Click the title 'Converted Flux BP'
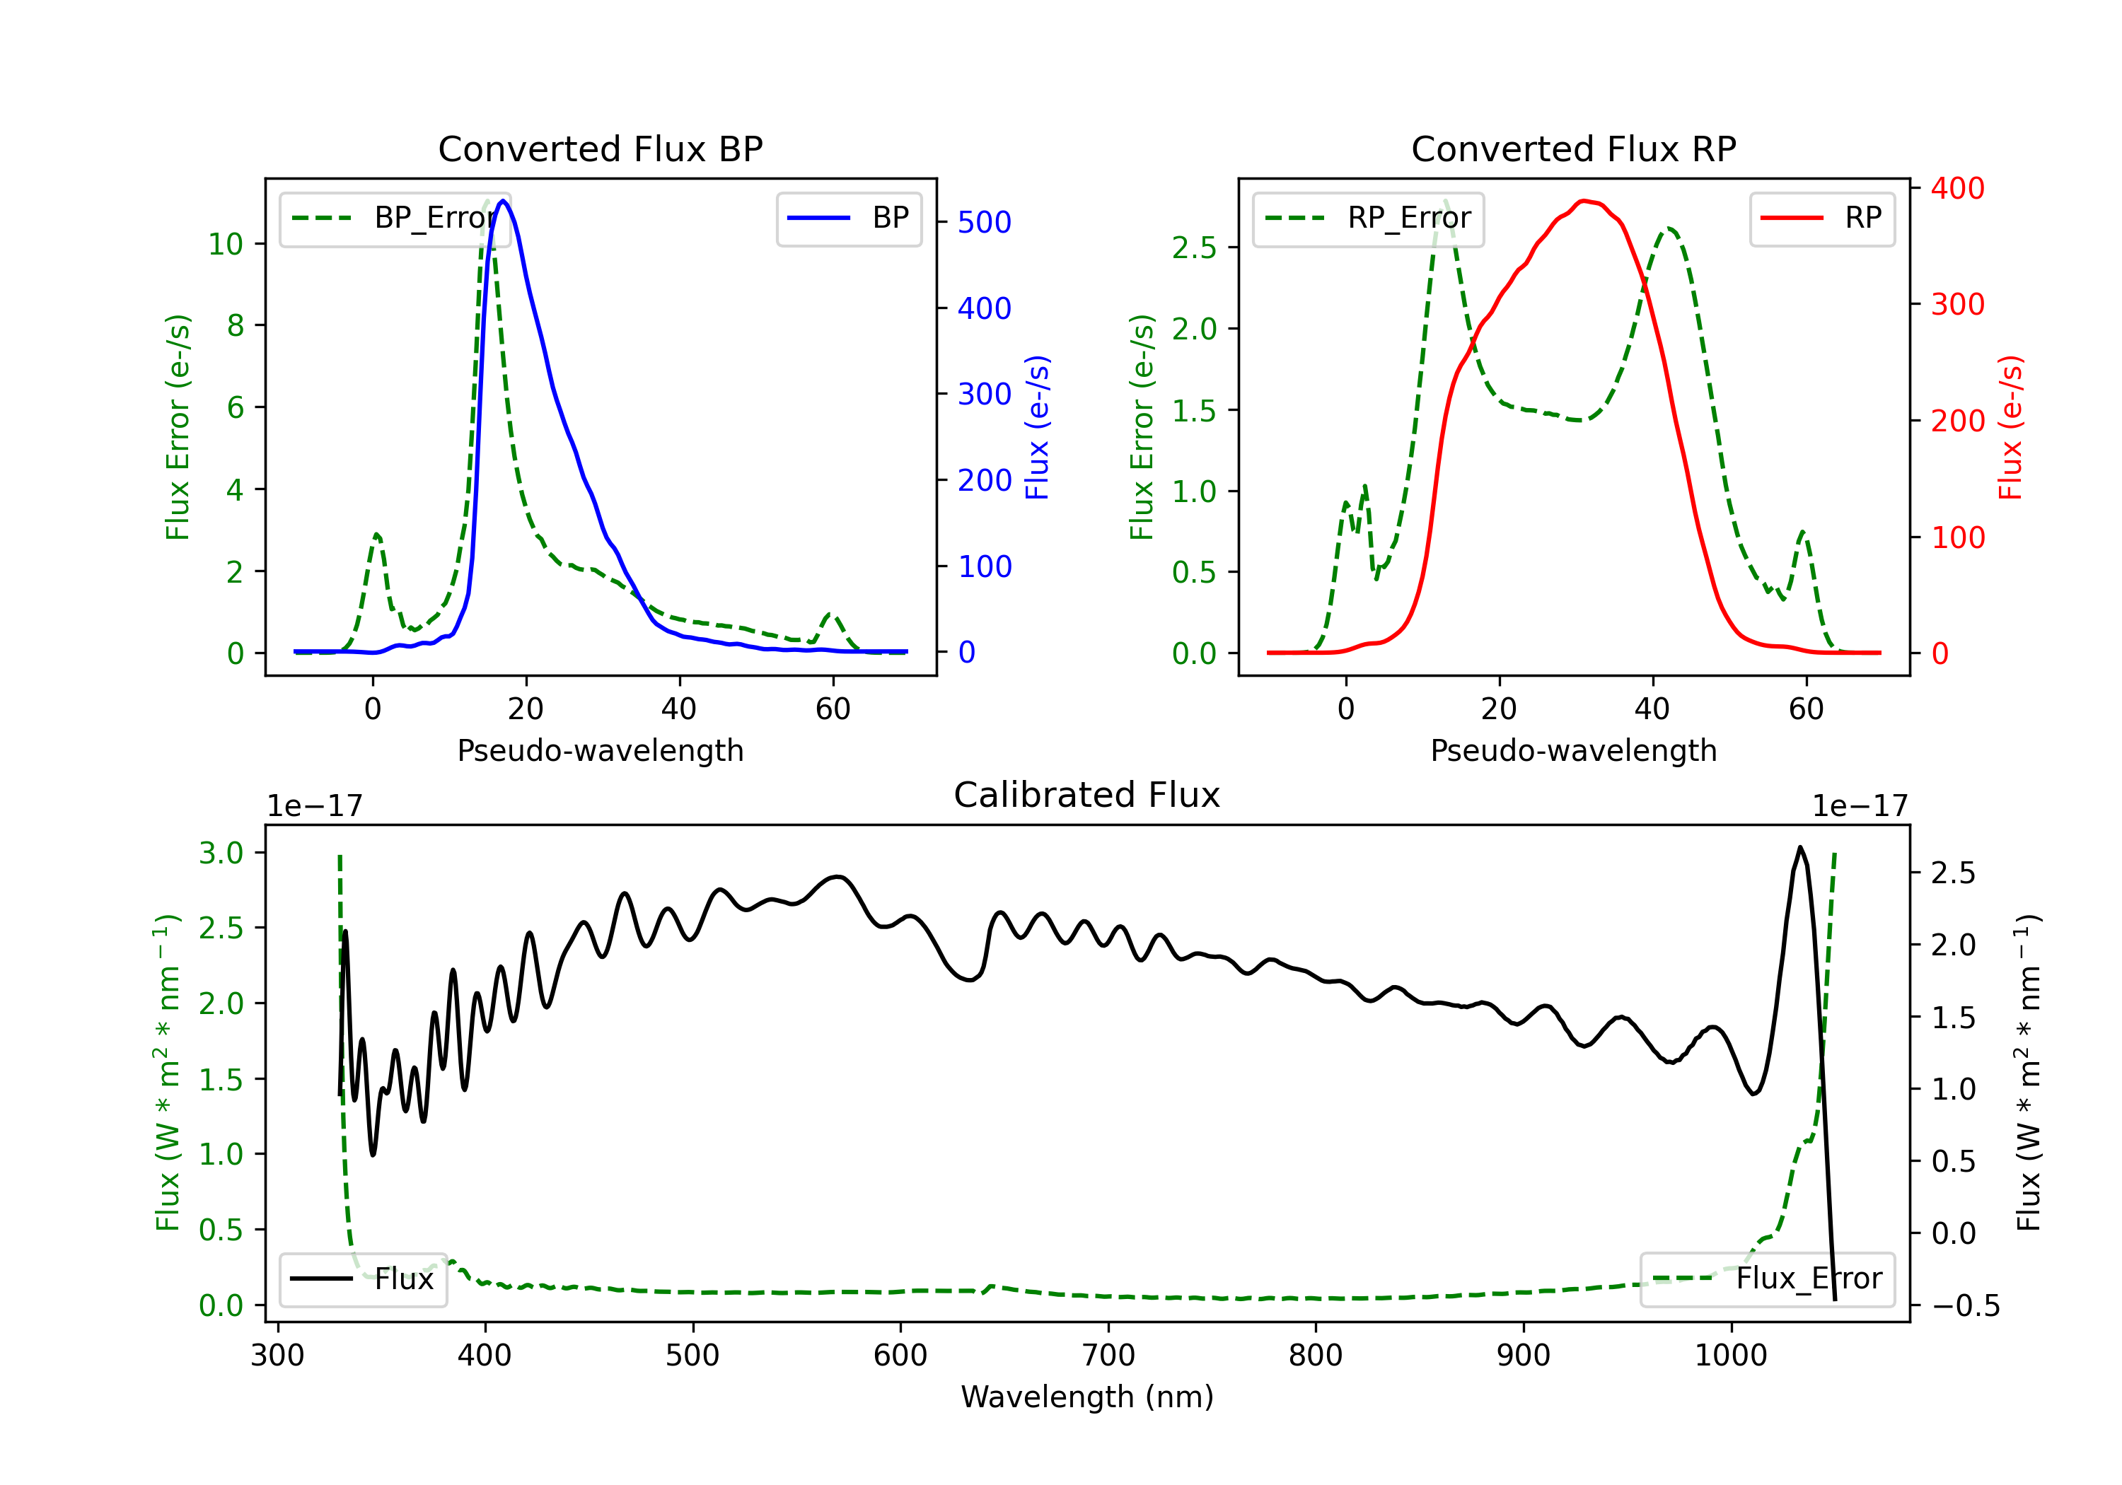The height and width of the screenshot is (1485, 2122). click(601, 148)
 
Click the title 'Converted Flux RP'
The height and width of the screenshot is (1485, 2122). click(1574, 148)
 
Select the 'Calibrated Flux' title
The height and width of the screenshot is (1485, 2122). click(1087, 795)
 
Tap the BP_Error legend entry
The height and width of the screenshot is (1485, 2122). click(395, 218)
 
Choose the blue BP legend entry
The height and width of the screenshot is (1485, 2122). click(848, 218)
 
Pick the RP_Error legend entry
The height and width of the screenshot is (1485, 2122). click(1368, 218)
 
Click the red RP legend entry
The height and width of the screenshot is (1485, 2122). click(1821, 218)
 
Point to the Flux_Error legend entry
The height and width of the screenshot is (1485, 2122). click(1767, 1279)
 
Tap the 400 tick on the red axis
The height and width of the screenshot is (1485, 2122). click(1957, 189)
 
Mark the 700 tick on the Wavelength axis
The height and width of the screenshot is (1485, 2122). click(1108, 1356)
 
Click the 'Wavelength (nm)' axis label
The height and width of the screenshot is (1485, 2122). click(1087, 1397)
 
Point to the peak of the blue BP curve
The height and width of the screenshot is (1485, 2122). click(503, 201)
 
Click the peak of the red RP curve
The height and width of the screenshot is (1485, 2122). click(1584, 201)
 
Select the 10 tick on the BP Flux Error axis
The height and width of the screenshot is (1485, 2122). click(226, 244)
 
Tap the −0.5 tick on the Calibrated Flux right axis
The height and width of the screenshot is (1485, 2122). click(1965, 1305)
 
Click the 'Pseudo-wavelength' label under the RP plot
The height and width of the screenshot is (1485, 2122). click(1574, 750)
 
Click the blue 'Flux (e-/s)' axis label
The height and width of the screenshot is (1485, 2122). click(1038, 428)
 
